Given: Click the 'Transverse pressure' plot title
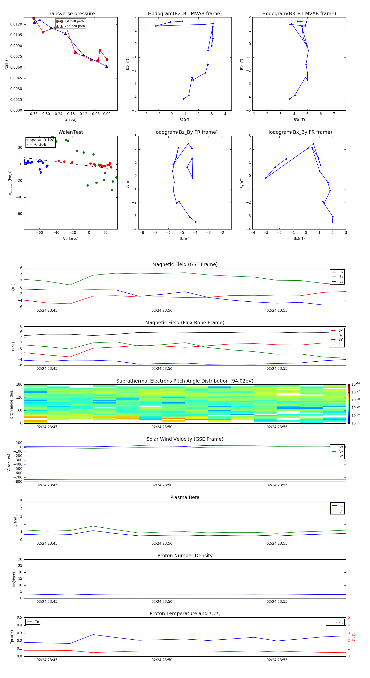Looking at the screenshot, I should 71,14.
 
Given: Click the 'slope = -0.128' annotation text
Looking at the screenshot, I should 40,140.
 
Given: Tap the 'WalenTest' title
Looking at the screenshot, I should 71,132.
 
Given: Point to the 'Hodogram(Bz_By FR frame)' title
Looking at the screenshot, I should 185,132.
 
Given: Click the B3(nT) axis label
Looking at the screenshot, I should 299,120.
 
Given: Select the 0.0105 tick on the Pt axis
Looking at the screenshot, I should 16,35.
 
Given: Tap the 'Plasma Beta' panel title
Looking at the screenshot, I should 185,497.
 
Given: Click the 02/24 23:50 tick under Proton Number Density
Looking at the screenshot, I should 162,601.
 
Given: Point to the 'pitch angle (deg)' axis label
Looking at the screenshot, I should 12,404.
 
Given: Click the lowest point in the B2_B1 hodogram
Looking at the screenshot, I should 184,99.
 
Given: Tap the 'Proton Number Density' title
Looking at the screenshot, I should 185,556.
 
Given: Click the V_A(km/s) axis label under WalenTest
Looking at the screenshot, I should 71,239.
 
